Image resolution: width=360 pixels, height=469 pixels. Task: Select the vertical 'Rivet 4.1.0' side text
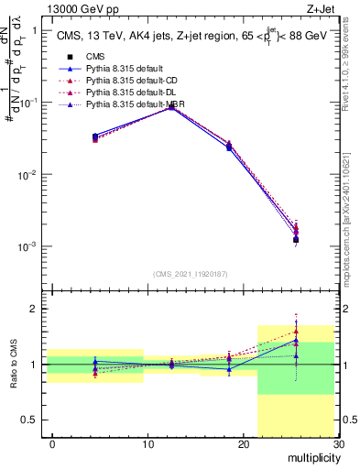350,73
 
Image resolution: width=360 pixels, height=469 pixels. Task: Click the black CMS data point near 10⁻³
296,240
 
